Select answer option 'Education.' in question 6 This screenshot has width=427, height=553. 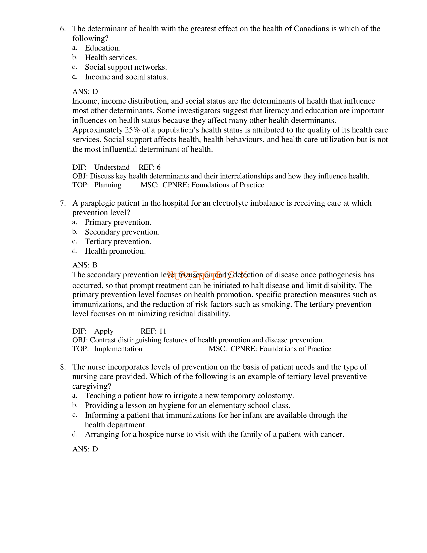point(103,48)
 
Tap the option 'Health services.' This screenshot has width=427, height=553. point(111,58)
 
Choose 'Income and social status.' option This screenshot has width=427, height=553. point(127,77)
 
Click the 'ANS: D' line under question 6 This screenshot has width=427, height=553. point(85,91)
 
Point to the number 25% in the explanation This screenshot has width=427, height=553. point(132,130)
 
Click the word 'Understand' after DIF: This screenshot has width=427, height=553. point(112,167)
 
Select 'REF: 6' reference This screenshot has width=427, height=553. point(149,167)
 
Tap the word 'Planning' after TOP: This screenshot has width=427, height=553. point(108,185)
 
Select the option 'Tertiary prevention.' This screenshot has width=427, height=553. point(118,242)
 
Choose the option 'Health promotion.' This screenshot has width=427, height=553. point(115,251)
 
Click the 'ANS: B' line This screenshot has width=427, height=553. point(85,265)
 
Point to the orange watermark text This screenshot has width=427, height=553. point(207,275)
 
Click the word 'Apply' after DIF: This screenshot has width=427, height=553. point(104,331)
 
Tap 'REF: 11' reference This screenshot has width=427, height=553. point(153,331)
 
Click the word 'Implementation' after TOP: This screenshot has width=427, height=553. point(118,349)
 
